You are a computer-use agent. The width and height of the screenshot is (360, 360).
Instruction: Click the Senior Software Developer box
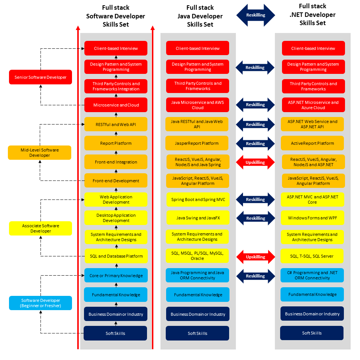40,77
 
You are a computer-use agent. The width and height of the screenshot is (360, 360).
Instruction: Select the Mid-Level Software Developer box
39,153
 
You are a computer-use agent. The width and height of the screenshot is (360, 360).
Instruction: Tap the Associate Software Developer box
40,228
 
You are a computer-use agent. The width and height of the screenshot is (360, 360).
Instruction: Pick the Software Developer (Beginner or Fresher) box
40,303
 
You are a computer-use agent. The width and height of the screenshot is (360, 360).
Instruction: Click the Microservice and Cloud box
116,105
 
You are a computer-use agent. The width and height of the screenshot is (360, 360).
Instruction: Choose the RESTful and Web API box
116,124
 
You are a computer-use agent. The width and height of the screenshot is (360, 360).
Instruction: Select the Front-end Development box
116,181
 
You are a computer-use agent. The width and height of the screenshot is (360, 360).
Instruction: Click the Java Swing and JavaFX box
198,218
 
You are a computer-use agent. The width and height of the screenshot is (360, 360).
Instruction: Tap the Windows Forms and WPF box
312,218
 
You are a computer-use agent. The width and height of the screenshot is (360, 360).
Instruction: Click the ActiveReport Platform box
312,143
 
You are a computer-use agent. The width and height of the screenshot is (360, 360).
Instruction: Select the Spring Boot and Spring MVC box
198,199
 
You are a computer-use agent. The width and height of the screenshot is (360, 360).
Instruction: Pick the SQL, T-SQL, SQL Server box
312,256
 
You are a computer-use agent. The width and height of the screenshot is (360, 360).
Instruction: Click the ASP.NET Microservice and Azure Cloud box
313,105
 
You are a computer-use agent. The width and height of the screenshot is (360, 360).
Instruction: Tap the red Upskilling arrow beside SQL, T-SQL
255,257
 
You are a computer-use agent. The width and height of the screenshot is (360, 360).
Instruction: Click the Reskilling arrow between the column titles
255,15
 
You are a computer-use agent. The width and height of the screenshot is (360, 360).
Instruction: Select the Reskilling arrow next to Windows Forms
255,218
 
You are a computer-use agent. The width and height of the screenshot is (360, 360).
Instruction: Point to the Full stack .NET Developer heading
312,15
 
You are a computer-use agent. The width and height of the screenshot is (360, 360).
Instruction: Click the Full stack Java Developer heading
200,16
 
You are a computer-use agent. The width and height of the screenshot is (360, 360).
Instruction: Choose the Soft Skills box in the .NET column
312,333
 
